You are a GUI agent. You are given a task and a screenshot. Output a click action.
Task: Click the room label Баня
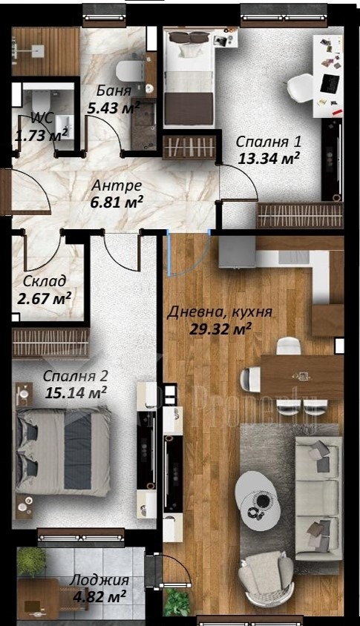coord(114,91)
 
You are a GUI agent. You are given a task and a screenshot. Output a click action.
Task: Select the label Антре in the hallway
coord(117,185)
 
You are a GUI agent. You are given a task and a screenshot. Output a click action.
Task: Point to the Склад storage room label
coord(44,281)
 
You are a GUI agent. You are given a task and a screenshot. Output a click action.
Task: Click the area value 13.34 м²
coord(269,159)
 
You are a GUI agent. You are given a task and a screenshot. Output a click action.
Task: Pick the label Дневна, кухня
coord(220,312)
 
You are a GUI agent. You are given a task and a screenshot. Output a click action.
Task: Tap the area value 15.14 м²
coord(75,392)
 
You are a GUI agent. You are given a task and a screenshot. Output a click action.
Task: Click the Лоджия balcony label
coord(99,580)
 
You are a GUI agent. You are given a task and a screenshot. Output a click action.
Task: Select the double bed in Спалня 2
coord(63,452)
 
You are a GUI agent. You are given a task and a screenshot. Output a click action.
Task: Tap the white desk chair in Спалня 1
coord(299,88)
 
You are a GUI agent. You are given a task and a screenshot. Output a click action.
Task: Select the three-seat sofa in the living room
coord(318,498)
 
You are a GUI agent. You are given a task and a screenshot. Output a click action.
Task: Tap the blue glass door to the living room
coord(188,254)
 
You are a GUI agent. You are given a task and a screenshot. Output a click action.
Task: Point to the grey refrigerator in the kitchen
coord(237,251)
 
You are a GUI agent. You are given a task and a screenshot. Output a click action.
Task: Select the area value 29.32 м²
coord(220,329)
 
